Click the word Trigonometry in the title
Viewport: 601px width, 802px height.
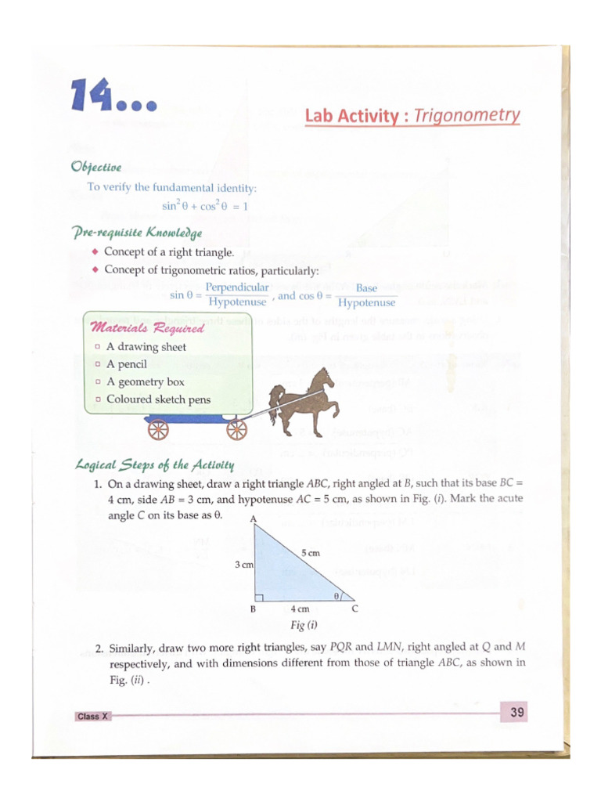[x=466, y=116]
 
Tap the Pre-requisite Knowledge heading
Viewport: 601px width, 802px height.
[x=137, y=233]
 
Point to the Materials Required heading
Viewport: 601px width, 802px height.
[x=148, y=327]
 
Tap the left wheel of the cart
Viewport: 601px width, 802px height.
[x=158, y=429]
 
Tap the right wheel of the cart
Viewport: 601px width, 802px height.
[x=236, y=429]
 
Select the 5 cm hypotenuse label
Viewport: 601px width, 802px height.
[x=311, y=553]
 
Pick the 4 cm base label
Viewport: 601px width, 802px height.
[x=300, y=609]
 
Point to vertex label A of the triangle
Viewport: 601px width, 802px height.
[x=253, y=519]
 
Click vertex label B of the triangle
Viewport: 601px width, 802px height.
[x=253, y=609]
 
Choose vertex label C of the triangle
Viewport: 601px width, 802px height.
[x=354, y=609]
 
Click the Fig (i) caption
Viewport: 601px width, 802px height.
[x=303, y=625]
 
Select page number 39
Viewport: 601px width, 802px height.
[x=516, y=712]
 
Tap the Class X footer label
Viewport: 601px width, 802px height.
[x=92, y=717]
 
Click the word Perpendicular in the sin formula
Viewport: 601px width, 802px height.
[x=236, y=288]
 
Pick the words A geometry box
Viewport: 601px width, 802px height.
[x=146, y=382]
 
